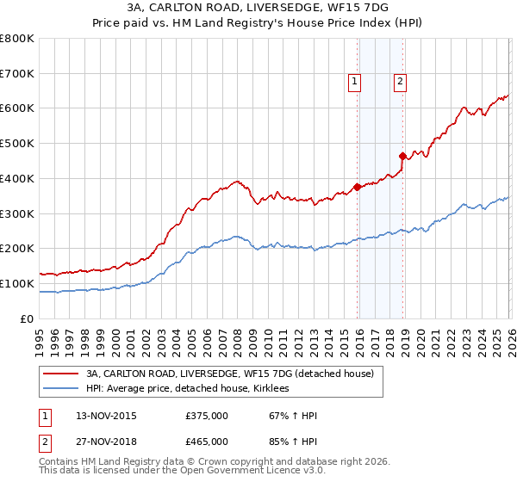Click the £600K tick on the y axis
tap(17, 108)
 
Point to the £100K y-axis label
tap(17, 283)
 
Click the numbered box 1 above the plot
tap(355, 82)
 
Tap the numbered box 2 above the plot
tap(401, 82)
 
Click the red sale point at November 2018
tap(402, 156)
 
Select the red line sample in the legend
tap(62, 374)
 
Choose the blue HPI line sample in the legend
tap(62, 389)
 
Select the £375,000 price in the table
tap(207, 416)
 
